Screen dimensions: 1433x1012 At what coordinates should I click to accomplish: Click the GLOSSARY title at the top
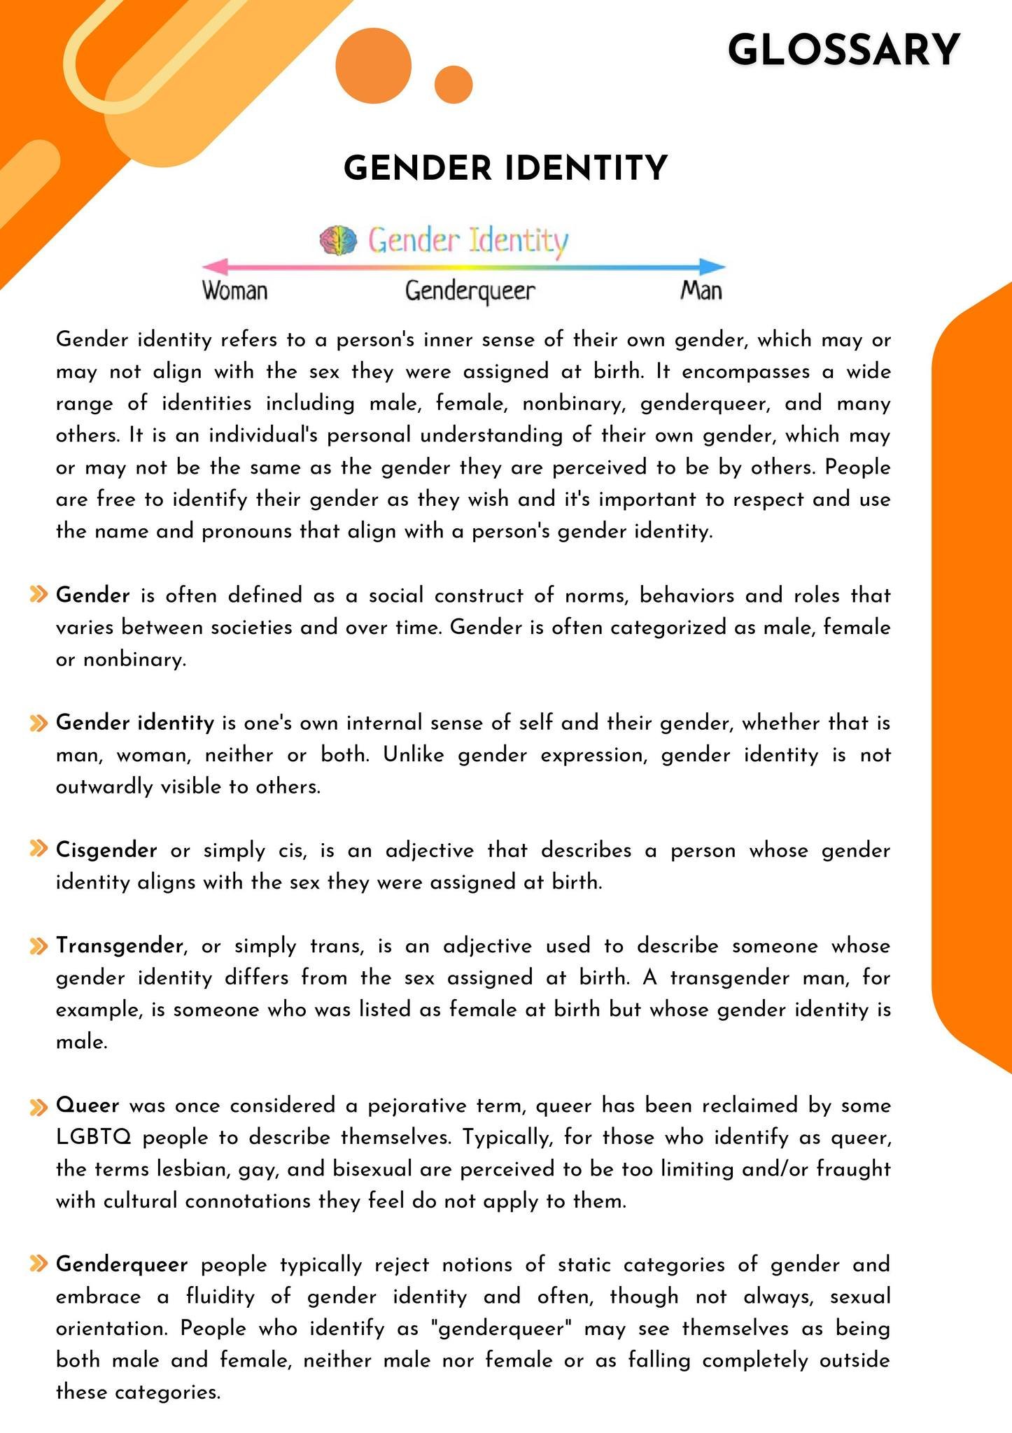tap(843, 50)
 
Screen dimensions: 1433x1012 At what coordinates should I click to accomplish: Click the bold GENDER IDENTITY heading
tap(506, 169)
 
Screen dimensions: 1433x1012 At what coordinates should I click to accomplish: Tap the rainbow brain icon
tap(338, 240)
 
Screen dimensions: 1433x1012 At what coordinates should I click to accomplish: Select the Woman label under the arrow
tap(235, 290)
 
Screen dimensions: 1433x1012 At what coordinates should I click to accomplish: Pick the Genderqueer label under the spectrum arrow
tap(470, 290)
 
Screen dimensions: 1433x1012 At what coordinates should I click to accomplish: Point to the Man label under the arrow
tap(701, 290)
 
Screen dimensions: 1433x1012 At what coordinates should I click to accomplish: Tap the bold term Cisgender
tap(106, 850)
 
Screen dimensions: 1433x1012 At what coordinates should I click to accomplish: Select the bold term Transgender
tap(120, 946)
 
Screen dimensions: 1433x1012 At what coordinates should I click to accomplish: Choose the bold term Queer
tap(87, 1106)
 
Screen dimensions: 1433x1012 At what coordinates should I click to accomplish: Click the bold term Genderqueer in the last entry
tap(122, 1264)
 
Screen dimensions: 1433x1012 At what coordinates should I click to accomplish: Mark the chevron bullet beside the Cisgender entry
tap(38, 849)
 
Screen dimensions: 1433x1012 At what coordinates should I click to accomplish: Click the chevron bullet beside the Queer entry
tap(38, 1106)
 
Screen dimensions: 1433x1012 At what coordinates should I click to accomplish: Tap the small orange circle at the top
tap(454, 85)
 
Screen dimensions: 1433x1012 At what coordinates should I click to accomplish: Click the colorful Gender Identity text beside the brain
tap(468, 241)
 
